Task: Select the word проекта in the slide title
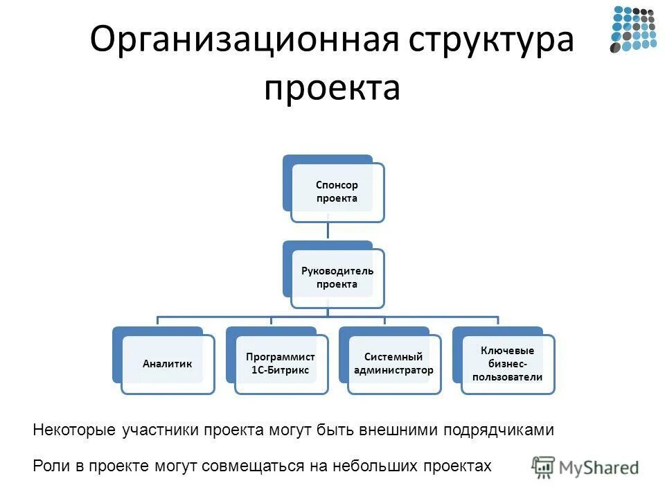[x=332, y=89]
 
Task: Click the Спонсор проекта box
[x=337, y=192]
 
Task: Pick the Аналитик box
[x=167, y=363]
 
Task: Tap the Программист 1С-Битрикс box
[x=281, y=363]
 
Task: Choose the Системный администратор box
[x=393, y=363]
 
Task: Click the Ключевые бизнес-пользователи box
[x=507, y=363]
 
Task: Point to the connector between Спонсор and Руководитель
[x=328, y=231]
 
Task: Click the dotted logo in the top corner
[x=632, y=29]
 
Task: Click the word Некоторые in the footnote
[x=74, y=430]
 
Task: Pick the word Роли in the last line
[x=48, y=466]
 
